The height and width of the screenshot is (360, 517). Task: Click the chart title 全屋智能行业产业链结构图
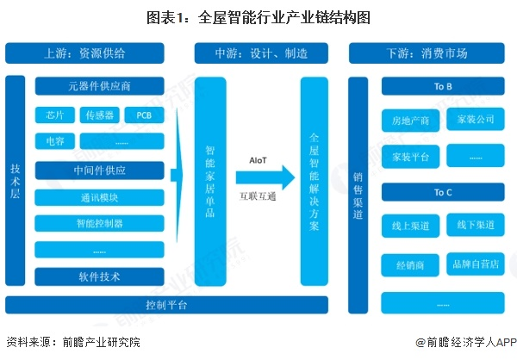point(258,16)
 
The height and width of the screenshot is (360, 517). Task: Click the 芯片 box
point(56,115)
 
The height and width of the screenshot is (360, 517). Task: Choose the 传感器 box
point(97,115)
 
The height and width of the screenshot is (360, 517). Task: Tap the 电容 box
point(56,140)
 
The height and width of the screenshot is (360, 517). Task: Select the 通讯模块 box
point(99,196)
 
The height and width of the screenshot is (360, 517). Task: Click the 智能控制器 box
point(99,224)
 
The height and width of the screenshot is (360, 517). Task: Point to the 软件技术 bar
point(99,277)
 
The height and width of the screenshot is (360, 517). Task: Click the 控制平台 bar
point(167,305)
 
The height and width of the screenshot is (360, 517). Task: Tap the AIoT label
point(258,160)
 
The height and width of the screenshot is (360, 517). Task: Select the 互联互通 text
point(258,196)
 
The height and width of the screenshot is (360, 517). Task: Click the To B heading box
point(443,87)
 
